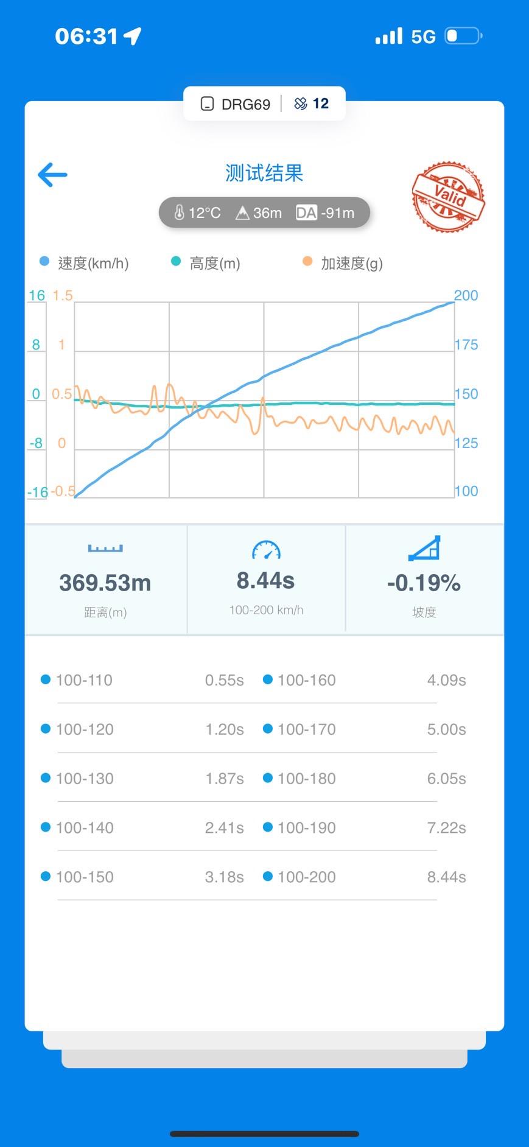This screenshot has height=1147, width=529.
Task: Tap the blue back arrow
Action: [52, 175]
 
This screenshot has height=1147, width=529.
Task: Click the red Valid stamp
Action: [448, 197]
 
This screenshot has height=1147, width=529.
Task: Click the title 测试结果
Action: [264, 174]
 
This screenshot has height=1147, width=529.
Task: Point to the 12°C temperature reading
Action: [197, 213]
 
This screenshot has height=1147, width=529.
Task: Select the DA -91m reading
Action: [326, 213]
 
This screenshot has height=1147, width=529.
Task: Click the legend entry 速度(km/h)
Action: [93, 263]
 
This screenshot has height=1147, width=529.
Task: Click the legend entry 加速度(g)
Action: [351, 263]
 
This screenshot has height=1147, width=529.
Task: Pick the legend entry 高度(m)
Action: [214, 263]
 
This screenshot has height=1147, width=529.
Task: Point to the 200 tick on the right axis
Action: [466, 296]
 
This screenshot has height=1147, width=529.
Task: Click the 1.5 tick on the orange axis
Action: [62, 296]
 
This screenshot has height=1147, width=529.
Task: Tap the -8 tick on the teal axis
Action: [36, 443]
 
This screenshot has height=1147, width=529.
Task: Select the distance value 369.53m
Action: [105, 583]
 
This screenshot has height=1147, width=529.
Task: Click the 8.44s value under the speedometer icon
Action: [265, 581]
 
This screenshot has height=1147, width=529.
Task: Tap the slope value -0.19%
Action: [424, 583]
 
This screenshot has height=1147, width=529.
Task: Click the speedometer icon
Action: [266, 550]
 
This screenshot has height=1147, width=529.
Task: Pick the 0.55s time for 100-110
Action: [224, 680]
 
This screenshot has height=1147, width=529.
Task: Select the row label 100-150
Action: [85, 877]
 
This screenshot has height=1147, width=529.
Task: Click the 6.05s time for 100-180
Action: [446, 778]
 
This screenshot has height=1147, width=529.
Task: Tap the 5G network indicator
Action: [423, 37]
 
